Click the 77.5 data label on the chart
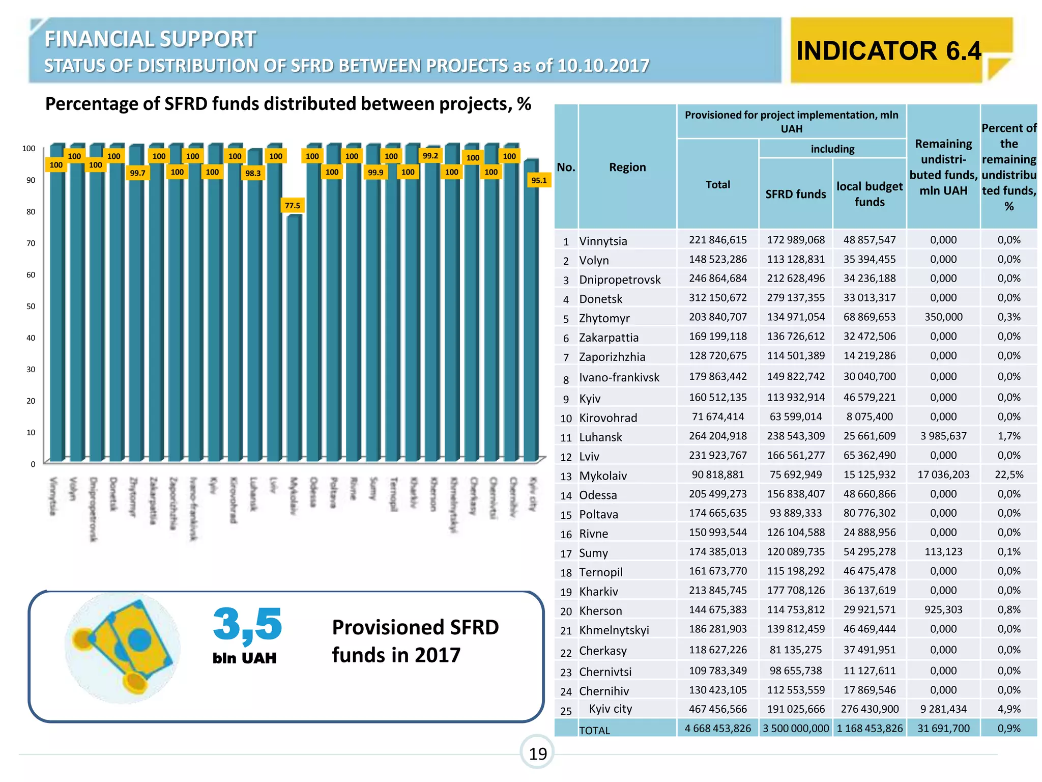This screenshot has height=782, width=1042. (x=293, y=205)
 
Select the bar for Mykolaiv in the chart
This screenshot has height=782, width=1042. (x=294, y=336)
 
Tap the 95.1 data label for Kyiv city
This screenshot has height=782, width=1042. (x=539, y=180)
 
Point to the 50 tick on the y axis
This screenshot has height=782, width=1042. (x=31, y=306)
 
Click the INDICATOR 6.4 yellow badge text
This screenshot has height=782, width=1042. (x=888, y=51)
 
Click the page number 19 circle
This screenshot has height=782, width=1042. (x=537, y=753)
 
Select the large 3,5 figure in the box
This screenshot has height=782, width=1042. (x=247, y=624)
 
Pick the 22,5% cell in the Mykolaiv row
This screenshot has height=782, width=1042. (x=1008, y=474)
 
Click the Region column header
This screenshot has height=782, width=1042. (x=627, y=167)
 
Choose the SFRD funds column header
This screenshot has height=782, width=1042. (x=795, y=194)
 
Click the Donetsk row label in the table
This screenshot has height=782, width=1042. (x=600, y=299)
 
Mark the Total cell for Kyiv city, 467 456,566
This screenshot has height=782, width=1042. (x=717, y=709)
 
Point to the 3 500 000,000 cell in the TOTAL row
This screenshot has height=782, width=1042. (x=795, y=728)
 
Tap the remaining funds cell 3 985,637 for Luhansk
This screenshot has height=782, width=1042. (x=943, y=436)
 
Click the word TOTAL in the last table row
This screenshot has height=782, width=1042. (x=594, y=730)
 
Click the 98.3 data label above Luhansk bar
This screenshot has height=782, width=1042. (x=253, y=173)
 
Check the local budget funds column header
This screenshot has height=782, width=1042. (x=869, y=194)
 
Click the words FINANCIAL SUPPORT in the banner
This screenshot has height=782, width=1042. (x=150, y=39)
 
